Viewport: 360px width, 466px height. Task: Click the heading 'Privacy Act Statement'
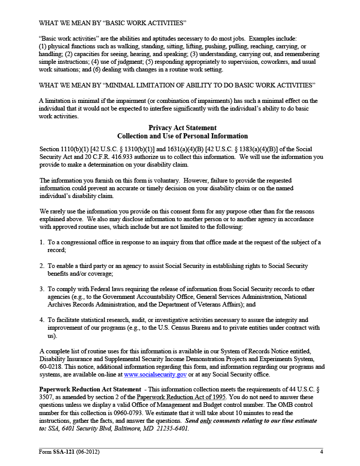(x=183, y=128)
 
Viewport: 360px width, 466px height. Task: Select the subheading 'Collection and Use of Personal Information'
(x=183, y=136)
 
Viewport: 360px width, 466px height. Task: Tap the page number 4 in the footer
(x=321, y=452)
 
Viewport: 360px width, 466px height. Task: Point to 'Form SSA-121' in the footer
(x=57, y=452)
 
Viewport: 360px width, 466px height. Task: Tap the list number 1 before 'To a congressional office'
(x=41, y=242)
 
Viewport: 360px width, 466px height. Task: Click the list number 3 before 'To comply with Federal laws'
(x=41, y=290)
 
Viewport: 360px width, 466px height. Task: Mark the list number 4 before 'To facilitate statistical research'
(x=41, y=320)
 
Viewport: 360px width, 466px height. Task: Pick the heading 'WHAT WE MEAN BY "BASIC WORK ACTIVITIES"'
(x=113, y=23)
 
